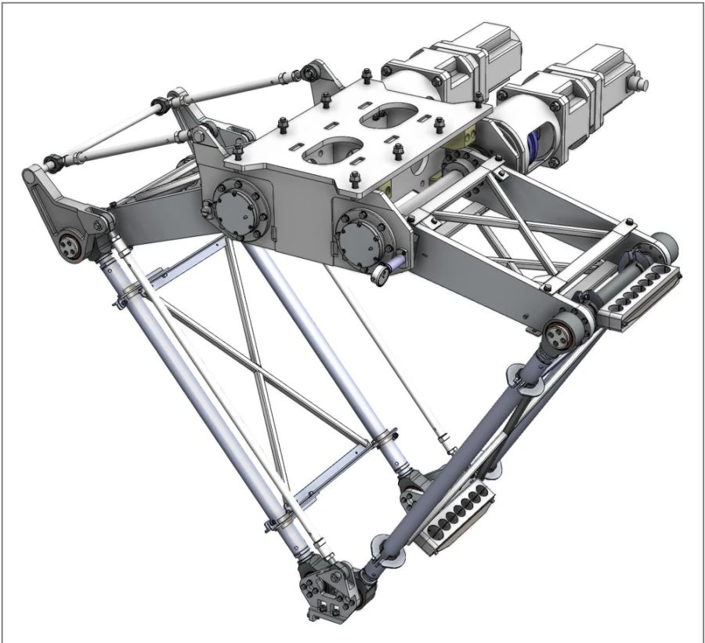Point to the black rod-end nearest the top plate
[310, 73]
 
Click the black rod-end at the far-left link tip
[53, 163]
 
